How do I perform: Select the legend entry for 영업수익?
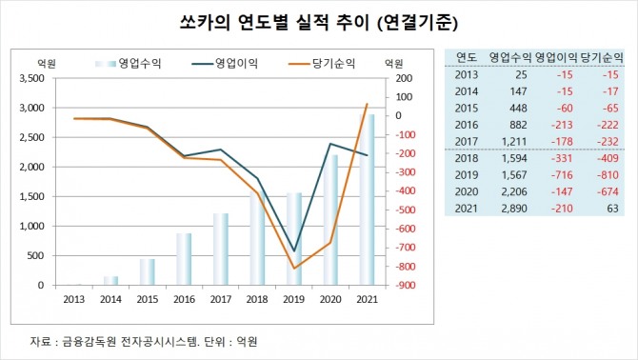click(x=128, y=63)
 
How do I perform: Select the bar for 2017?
click(x=220, y=249)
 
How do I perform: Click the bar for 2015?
click(x=147, y=271)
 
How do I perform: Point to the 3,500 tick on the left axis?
click(x=31, y=85)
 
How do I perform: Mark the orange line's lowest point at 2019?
click(x=293, y=269)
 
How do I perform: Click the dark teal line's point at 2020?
click(x=329, y=144)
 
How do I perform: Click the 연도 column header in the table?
click(x=467, y=56)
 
